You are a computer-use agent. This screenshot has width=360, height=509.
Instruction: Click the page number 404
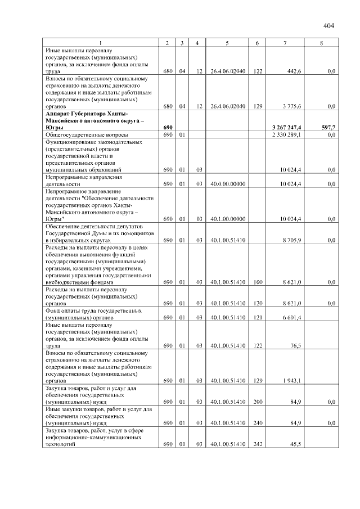[x=329, y=26]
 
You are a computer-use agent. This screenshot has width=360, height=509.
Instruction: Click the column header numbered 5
[x=227, y=43]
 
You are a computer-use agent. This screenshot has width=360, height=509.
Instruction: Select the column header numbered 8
[x=321, y=43]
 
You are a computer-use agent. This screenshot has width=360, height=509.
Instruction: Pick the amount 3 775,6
[x=292, y=106]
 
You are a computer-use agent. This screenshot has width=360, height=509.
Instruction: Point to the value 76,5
[x=296, y=346]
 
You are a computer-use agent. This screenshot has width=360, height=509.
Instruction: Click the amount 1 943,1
[x=292, y=381]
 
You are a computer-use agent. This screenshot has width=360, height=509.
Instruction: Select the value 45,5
[x=296, y=444]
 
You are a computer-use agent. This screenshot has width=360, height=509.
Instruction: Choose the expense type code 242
[x=258, y=444]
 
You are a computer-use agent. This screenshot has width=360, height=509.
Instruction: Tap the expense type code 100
[x=258, y=282]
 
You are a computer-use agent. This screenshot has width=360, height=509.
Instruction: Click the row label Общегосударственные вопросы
[x=87, y=135]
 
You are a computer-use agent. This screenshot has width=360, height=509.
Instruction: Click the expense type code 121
[x=258, y=318]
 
